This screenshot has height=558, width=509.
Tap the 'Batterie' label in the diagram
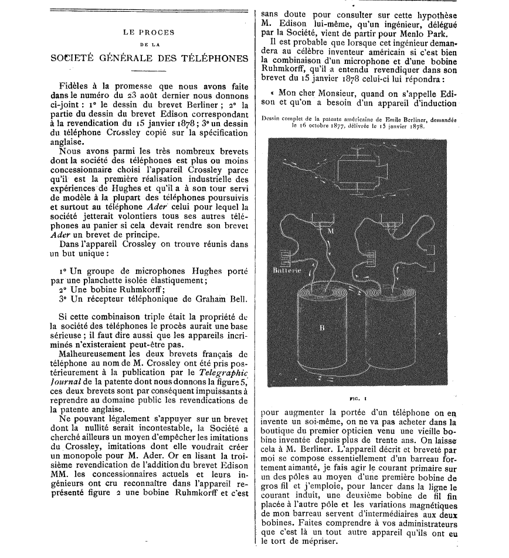[x=287, y=271]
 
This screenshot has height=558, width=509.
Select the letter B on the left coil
[x=321, y=328]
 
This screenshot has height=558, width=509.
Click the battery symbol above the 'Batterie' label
[x=286, y=258]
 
